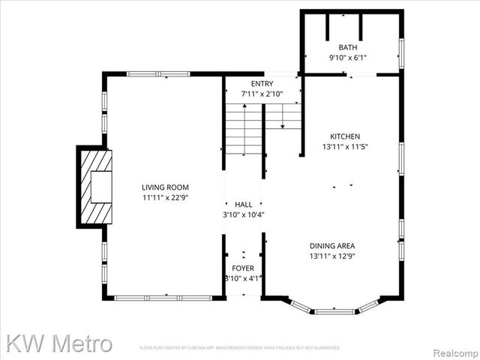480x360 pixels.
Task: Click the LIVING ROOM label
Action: pyautogui.click(x=165, y=187)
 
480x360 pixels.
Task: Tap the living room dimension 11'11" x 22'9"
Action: pyautogui.click(x=165, y=197)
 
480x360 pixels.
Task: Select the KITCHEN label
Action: pyautogui.click(x=345, y=136)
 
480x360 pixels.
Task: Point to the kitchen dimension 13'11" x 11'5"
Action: pyautogui.click(x=345, y=147)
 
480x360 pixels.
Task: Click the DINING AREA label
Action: pyautogui.click(x=332, y=245)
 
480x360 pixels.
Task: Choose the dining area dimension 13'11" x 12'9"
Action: pyautogui.click(x=332, y=256)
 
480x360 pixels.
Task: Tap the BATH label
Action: pyautogui.click(x=349, y=46)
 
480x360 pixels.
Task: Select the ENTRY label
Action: pyautogui.click(x=262, y=83)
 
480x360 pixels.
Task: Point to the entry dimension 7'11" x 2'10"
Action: pyautogui.click(x=262, y=94)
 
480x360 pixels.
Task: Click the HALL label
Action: pyautogui.click(x=244, y=203)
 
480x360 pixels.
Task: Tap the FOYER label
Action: pyautogui.click(x=242, y=268)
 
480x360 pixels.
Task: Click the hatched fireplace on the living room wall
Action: pyautogui.click(x=95, y=187)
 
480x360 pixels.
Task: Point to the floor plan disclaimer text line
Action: pyautogui.click(x=240, y=348)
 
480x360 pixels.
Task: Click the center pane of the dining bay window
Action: pyautogui.click(x=334, y=310)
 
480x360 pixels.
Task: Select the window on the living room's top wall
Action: pyautogui.click(x=157, y=73)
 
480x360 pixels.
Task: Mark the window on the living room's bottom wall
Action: pyautogui.click(x=163, y=298)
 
